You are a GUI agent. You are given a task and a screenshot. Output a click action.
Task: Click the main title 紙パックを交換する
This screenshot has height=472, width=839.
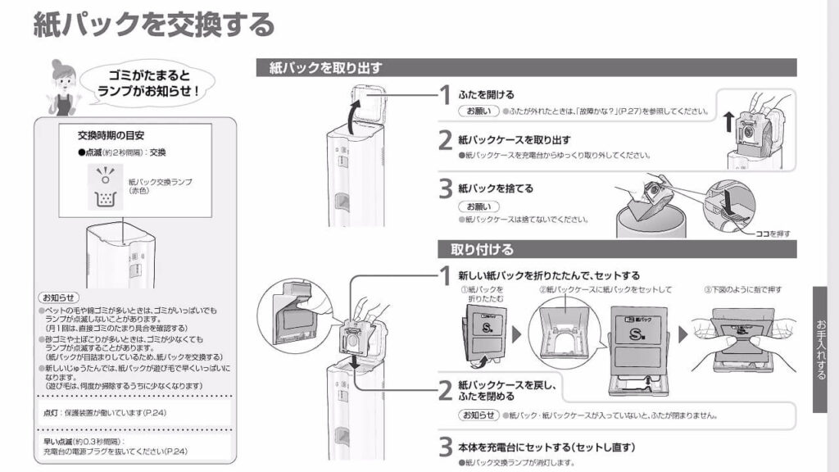tap(153, 25)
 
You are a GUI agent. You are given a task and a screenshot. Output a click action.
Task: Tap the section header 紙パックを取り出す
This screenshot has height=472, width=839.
tap(325, 68)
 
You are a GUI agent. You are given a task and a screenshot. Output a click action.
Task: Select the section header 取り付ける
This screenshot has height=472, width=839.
tap(482, 249)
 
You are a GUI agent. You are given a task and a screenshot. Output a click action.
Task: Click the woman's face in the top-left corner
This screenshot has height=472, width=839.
tap(63, 77)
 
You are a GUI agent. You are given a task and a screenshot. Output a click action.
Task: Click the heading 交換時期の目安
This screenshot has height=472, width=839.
tap(111, 135)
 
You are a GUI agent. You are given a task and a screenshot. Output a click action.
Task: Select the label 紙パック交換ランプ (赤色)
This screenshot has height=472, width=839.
tap(160, 186)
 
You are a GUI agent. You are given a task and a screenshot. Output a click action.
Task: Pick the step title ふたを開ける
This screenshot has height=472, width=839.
tap(487, 94)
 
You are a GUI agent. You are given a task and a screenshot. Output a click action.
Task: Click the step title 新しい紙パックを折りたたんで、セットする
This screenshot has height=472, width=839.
tap(548, 275)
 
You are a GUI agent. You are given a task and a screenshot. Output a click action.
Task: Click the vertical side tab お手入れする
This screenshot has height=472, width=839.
tap(821, 349)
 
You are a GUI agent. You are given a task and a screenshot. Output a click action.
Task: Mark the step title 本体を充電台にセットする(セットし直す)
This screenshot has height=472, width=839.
tap(546, 447)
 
